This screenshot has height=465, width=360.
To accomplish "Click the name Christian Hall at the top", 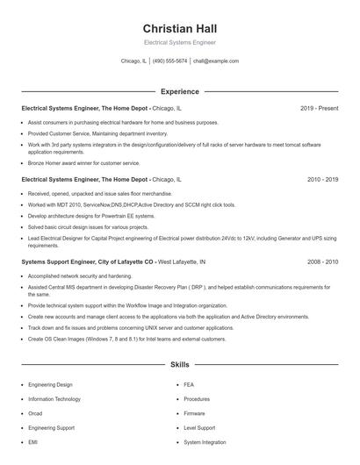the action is pyautogui.click(x=179, y=28).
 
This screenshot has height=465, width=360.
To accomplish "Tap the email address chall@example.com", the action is pyautogui.click(x=215, y=61).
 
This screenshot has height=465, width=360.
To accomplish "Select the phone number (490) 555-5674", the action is pyautogui.click(x=169, y=61).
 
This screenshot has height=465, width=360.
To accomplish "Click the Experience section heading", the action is pyautogui.click(x=179, y=91).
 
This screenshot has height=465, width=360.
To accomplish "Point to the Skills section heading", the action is pyautogui.click(x=179, y=363).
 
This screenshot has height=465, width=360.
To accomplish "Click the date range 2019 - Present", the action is pyautogui.click(x=320, y=108).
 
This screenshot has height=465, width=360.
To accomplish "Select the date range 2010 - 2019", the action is pyautogui.click(x=322, y=179).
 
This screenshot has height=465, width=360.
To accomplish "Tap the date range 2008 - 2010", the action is pyautogui.click(x=322, y=261).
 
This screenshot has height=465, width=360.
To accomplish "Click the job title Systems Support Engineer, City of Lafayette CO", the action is pyautogui.click(x=87, y=261).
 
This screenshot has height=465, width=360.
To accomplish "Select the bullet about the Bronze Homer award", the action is pyautogui.click(x=83, y=162).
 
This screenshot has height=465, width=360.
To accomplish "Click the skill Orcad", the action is pyautogui.click(x=35, y=413).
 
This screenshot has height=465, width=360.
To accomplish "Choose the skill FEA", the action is pyautogui.click(x=189, y=385).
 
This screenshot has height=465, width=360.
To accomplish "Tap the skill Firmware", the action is pyautogui.click(x=194, y=413).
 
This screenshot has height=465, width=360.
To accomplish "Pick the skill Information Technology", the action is pyautogui.click(x=54, y=399).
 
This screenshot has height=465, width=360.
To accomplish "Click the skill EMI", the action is pyautogui.click(x=33, y=442).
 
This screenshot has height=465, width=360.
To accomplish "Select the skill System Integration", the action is pyautogui.click(x=205, y=442).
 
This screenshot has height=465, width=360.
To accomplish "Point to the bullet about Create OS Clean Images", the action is pyautogui.click(x=114, y=338).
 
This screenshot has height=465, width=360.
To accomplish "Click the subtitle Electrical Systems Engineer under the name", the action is pyautogui.click(x=179, y=42).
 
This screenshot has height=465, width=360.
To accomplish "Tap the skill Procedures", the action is pyautogui.click(x=197, y=399).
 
